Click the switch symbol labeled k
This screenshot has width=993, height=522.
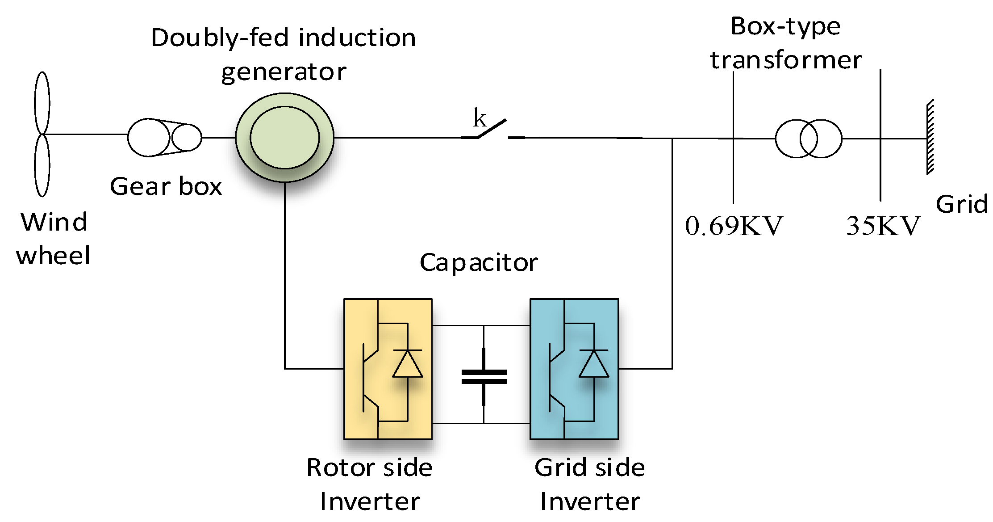[491, 130]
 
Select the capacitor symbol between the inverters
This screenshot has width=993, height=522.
[484, 377]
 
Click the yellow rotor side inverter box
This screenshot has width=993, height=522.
[388, 369]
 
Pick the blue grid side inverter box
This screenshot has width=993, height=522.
[574, 369]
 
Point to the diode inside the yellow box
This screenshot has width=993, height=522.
[407, 364]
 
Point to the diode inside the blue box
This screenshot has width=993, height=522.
[593, 364]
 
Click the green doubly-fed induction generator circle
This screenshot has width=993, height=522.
[285, 137]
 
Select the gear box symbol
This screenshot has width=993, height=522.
[164, 138]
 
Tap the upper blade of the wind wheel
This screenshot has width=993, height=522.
[42, 103]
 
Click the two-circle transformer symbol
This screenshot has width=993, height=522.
[808, 139]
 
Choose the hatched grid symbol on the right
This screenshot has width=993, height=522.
[930, 137]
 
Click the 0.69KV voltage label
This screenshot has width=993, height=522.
[734, 226]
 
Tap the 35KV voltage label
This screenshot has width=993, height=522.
[883, 226]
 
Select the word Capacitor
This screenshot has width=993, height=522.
[479, 262]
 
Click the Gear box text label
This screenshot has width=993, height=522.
[166, 186]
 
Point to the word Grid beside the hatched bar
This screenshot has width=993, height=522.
[961, 204]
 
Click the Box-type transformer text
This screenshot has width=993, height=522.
[786, 43]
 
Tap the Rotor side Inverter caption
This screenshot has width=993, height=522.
[370, 484]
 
